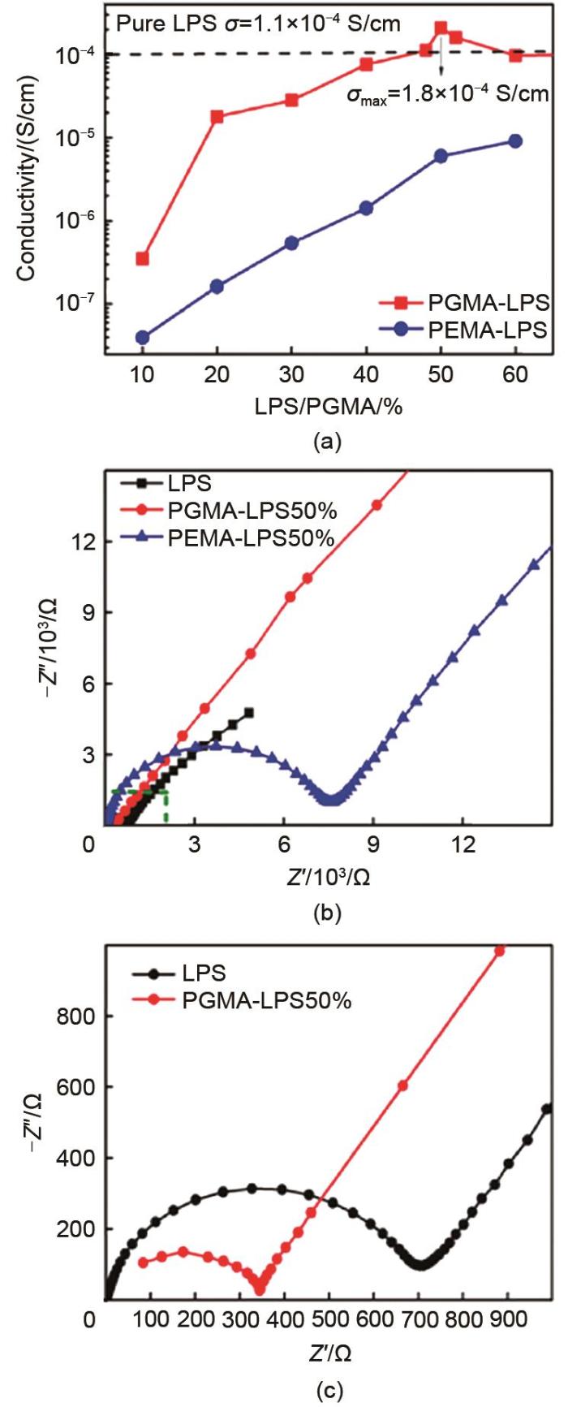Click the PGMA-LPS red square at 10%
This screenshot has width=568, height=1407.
pos(143,259)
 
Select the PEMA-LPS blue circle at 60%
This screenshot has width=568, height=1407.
pos(514,141)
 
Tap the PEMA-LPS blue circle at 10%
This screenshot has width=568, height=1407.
pos(143,338)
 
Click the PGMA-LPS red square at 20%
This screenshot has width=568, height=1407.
pos(217,117)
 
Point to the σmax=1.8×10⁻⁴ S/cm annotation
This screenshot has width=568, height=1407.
pos(448,95)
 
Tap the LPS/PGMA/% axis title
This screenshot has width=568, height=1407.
pos(329,407)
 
